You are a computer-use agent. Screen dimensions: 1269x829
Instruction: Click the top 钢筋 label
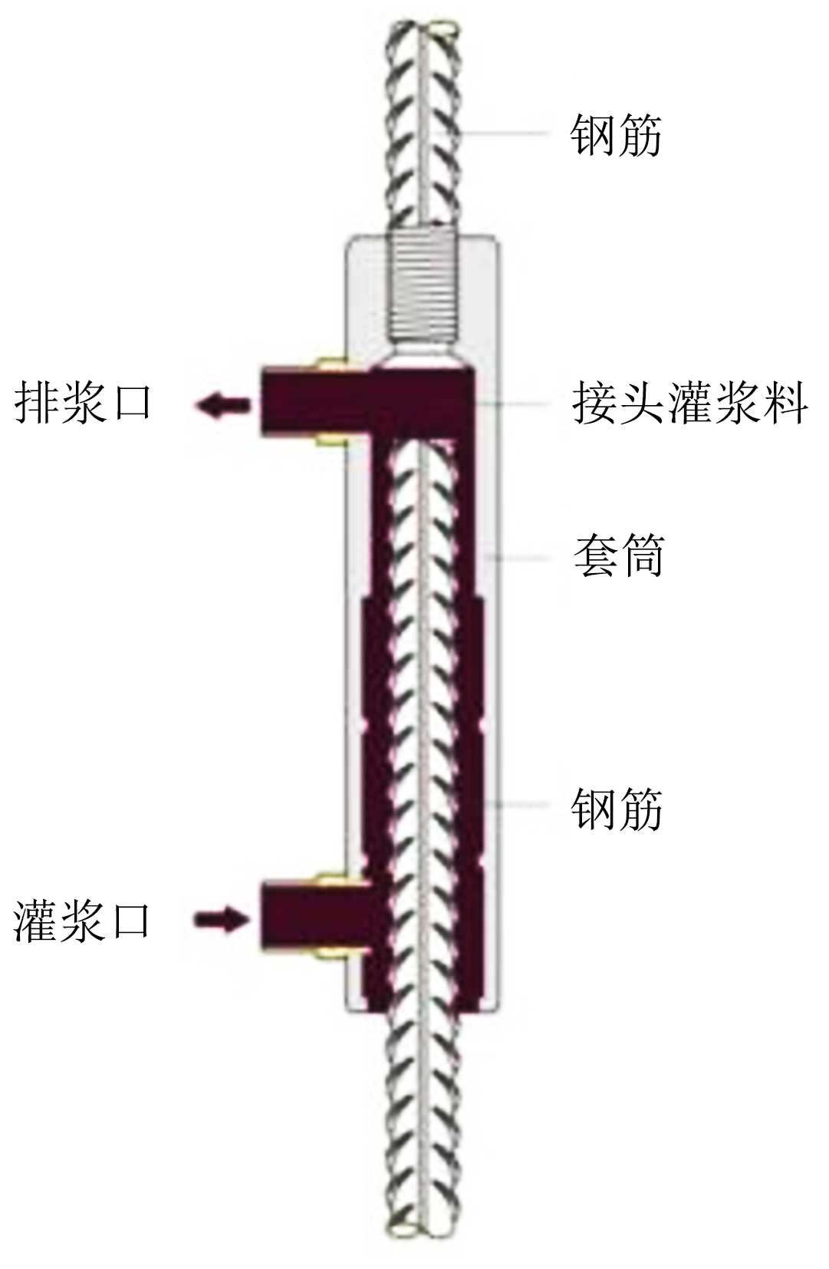tap(615, 135)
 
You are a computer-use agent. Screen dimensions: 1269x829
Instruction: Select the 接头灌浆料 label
tap(689, 403)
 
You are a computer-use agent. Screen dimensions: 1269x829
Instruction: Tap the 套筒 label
tap(618, 555)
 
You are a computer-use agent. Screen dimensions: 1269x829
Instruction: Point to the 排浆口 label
tap(83, 403)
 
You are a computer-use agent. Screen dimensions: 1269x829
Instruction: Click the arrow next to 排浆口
tap(223, 404)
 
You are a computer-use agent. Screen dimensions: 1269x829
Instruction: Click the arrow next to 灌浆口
tap(222, 918)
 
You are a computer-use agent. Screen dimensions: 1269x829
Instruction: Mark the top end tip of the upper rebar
tap(423, 29)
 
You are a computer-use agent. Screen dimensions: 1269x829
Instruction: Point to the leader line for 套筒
tap(521, 557)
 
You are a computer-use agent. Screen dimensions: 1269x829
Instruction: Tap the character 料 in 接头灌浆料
tap(785, 403)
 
